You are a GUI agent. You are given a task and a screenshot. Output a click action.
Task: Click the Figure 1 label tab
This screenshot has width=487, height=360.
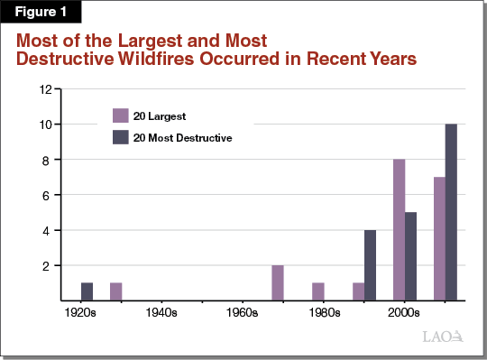coord(41,13)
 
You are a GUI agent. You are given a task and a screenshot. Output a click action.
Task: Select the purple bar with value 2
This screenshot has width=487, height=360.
coord(278,282)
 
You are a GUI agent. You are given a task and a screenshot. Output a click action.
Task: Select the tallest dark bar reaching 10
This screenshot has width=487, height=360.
coord(451,212)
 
